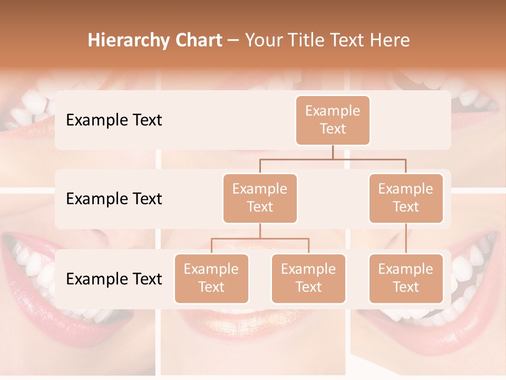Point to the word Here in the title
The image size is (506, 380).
pyautogui.click(x=390, y=41)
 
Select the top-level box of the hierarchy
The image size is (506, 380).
pyautogui.click(x=333, y=120)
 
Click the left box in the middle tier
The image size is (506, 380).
pyautogui.click(x=260, y=198)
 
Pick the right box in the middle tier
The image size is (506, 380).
pyautogui.click(x=406, y=198)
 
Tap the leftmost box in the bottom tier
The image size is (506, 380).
pyautogui.click(x=211, y=279)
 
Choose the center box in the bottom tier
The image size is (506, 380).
pyautogui.click(x=308, y=279)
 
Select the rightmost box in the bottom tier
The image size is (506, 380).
pyautogui.click(x=406, y=279)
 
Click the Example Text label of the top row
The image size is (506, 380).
pyautogui.click(x=114, y=120)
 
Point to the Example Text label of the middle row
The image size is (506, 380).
pyautogui.click(x=114, y=199)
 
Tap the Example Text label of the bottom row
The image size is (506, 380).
pyautogui.click(x=114, y=279)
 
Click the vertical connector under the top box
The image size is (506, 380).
pyautogui.click(x=333, y=152)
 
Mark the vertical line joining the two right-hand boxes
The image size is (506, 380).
pyautogui.click(x=406, y=239)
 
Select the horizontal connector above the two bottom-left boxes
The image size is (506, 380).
pyautogui.click(x=260, y=239)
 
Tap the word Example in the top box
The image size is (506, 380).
pyautogui.click(x=333, y=111)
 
